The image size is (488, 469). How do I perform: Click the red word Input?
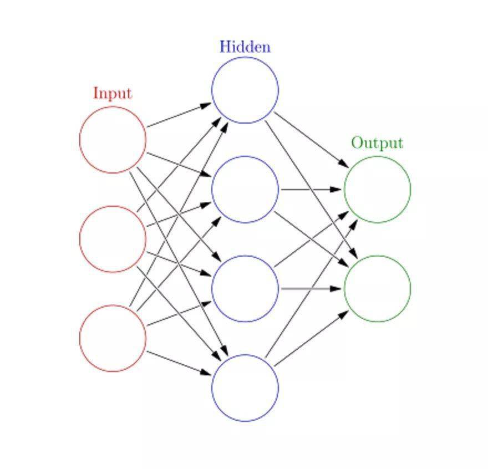(x=113, y=93)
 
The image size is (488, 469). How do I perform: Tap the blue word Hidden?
(x=245, y=47)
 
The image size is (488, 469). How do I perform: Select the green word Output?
(x=377, y=143)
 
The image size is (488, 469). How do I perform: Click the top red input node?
(x=113, y=140)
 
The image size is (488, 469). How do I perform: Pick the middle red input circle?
(x=113, y=239)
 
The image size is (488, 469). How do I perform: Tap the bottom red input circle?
(x=113, y=338)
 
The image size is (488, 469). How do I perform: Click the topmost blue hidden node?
(x=245, y=90)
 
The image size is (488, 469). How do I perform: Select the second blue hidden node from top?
(x=245, y=189)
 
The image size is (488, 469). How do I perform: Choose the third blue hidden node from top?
(x=245, y=288)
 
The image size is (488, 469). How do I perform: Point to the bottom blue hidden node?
(x=245, y=388)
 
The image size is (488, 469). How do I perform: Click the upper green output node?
(x=377, y=189)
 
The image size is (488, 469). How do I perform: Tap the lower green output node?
(x=377, y=288)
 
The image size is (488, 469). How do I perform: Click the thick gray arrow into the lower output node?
(x=311, y=289)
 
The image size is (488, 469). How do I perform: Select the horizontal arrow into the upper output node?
(x=311, y=190)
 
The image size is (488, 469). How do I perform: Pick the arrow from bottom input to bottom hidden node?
(x=179, y=363)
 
